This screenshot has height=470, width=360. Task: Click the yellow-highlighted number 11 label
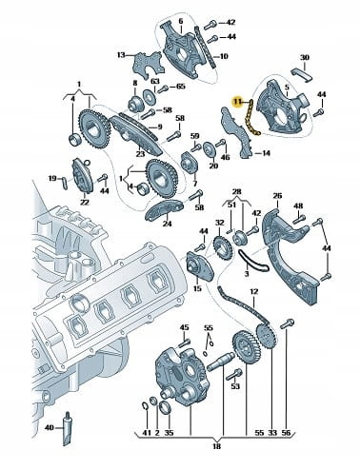click(238, 102)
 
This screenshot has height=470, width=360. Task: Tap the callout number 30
click(305, 58)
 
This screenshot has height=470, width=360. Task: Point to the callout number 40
click(50, 428)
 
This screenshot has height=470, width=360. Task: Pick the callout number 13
click(121, 55)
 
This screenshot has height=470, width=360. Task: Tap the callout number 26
click(277, 196)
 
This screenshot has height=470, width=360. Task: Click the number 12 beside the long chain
click(254, 291)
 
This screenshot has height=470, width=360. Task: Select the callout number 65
click(180, 87)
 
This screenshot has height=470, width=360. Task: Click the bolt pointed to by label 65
click(164, 88)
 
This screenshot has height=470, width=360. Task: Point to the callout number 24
click(167, 224)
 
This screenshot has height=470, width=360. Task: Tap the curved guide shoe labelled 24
click(164, 210)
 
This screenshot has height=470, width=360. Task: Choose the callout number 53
click(235, 386)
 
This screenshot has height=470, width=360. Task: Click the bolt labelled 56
click(288, 324)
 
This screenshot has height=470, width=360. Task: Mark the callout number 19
click(52, 178)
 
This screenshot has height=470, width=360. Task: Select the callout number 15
click(197, 288)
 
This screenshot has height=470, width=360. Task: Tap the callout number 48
click(298, 206)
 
